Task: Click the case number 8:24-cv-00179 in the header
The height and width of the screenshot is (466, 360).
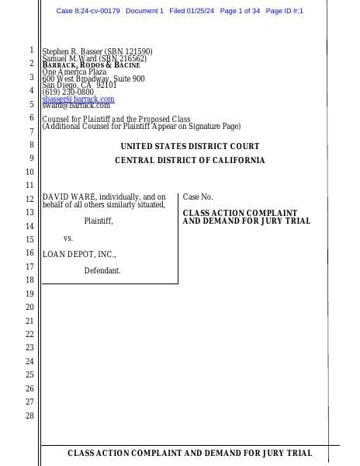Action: (88, 11)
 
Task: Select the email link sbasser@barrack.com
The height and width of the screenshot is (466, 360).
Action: (78, 99)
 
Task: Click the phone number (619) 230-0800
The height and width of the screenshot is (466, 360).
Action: (67, 92)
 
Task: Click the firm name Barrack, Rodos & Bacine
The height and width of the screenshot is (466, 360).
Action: (91, 64)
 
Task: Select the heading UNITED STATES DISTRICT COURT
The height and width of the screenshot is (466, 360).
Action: (190, 147)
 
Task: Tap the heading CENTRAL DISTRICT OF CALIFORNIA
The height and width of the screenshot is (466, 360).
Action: (190, 161)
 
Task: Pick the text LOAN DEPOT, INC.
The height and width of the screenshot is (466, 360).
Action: (79, 254)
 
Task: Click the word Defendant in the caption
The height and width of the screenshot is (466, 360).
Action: (102, 270)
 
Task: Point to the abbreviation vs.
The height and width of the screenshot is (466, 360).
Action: (67, 238)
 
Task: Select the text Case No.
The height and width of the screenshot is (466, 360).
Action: (198, 197)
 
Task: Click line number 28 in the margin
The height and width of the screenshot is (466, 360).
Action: (29, 416)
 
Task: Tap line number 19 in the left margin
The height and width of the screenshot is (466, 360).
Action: (29, 294)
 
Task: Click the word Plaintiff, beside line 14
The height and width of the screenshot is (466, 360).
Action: (99, 221)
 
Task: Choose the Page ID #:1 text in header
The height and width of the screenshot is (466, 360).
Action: (284, 11)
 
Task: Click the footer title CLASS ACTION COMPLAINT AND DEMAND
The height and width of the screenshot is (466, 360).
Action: (190, 453)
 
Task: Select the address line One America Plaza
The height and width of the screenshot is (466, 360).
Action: (74, 71)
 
